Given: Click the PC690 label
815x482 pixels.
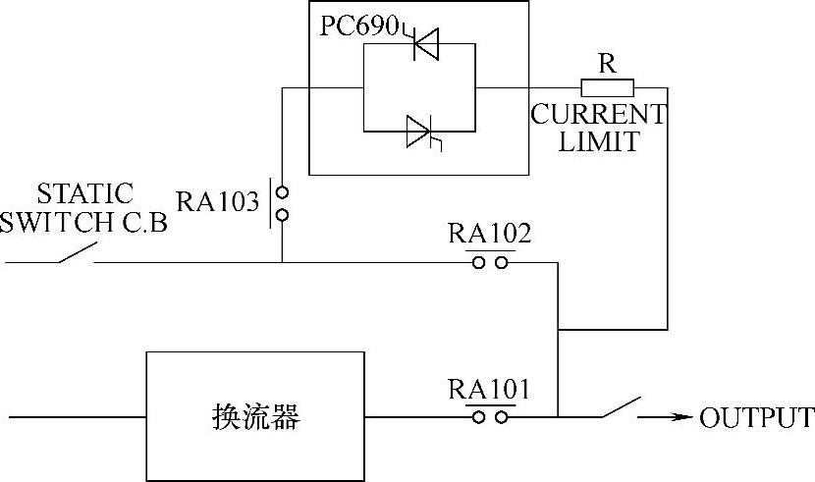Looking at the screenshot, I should pos(360,27).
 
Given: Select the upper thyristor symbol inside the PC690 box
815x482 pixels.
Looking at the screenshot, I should pos(426,44).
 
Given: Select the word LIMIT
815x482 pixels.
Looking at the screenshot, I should pos(599,140).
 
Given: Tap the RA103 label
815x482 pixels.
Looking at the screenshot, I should pos(217,201).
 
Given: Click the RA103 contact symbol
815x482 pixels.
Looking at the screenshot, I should pos(281,203).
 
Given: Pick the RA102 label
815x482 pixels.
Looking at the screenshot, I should pos(489,235).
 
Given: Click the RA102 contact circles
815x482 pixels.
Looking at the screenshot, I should pos(489,262).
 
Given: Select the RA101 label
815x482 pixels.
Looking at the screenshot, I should pos(489,390).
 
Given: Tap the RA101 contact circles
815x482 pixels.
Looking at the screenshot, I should pos(489,416).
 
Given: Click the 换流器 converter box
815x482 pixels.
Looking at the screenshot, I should pos(255,416).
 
